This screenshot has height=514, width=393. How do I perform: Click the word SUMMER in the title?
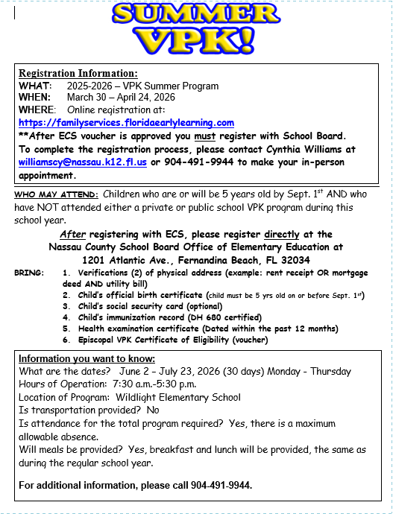196,15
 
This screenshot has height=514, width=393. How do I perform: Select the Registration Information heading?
78,74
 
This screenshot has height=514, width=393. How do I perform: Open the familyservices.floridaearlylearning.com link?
126,122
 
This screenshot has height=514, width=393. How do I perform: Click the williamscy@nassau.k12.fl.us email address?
83,161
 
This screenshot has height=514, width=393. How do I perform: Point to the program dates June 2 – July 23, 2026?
166,372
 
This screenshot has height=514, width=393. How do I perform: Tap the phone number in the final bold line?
220,485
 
